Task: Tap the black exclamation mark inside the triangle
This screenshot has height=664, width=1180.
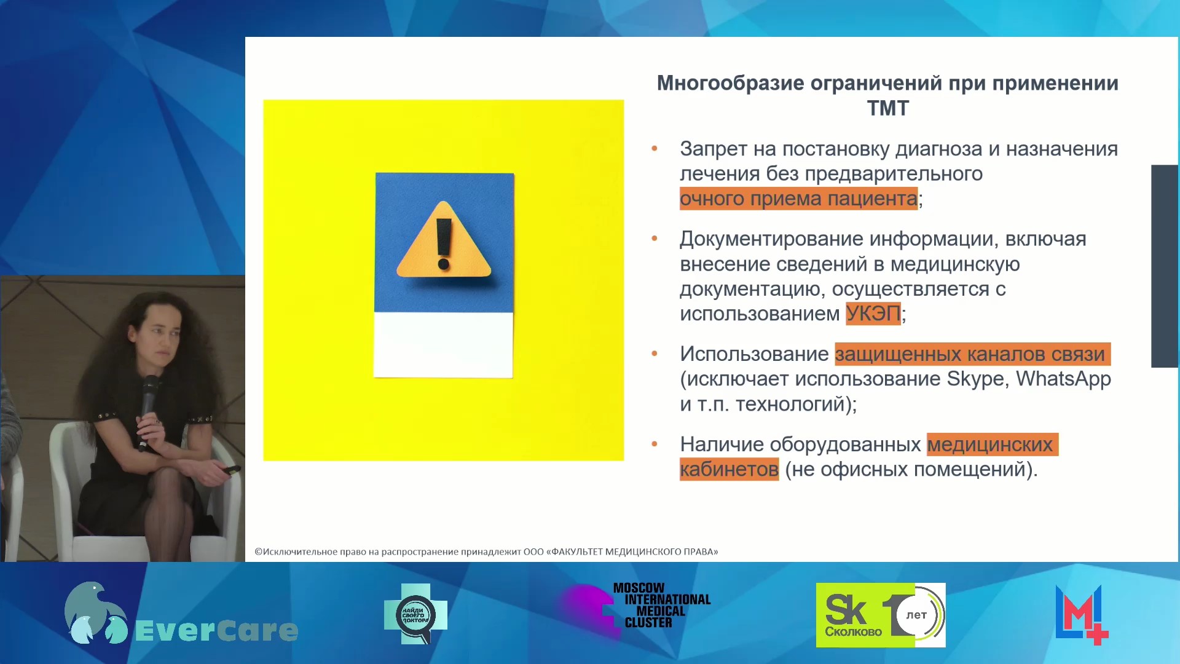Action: (444, 244)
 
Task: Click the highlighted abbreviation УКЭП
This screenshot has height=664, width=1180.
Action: (873, 314)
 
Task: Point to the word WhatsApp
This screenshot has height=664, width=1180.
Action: (1063, 379)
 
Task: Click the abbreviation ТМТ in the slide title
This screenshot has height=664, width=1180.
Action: (887, 108)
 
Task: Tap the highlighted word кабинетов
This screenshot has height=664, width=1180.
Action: (729, 469)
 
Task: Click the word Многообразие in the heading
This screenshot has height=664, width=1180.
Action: (730, 83)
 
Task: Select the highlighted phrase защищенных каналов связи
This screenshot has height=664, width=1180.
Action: (972, 354)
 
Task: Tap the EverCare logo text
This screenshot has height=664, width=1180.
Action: (216, 631)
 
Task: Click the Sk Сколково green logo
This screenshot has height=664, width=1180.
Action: (880, 615)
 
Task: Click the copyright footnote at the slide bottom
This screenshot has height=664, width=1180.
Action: (486, 551)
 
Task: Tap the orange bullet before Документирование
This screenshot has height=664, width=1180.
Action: (655, 239)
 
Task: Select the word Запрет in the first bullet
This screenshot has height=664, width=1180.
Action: (714, 149)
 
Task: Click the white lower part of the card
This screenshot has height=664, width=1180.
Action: (443, 345)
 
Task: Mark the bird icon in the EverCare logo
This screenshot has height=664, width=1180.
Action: (95, 613)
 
